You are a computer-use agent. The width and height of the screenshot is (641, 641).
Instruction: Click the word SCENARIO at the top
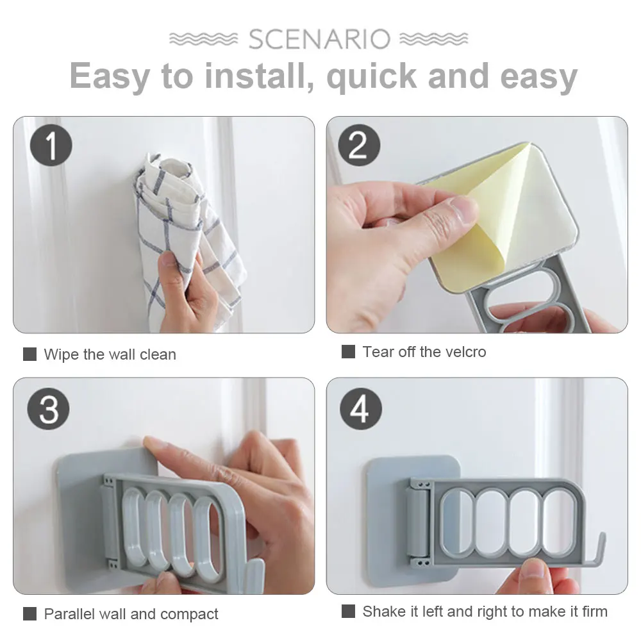[319, 39]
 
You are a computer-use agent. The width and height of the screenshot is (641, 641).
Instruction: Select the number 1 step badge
[51, 145]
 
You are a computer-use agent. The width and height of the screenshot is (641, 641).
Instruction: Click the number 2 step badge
[359, 145]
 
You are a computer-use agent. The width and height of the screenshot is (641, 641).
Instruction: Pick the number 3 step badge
[48, 409]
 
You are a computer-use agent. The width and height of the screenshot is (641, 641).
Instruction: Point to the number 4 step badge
[360, 409]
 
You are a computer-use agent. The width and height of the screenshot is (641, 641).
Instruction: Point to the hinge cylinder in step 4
[417, 523]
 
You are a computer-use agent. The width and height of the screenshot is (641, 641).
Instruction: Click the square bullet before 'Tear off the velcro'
[348, 351]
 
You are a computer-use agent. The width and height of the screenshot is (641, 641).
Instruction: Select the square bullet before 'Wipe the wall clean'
[30, 354]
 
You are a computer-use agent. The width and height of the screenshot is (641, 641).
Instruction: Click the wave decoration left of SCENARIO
[204, 39]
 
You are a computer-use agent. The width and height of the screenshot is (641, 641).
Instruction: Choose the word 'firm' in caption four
[595, 612]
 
